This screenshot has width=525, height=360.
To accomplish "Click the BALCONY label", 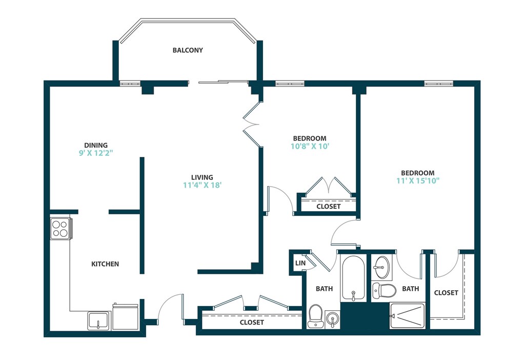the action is pyautogui.click(x=188, y=50).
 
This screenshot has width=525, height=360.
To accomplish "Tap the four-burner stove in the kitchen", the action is pyautogui.click(x=61, y=228).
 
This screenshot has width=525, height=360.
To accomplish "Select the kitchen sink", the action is pyautogui.click(x=99, y=321).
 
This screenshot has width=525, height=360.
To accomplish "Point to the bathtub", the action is pyautogui.click(x=353, y=278).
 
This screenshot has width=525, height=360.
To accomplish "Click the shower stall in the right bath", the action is pyautogui.click(x=408, y=316).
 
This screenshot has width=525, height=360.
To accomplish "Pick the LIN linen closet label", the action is pyautogui.click(x=300, y=263).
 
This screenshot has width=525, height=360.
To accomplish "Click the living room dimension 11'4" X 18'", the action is pyautogui.click(x=202, y=185).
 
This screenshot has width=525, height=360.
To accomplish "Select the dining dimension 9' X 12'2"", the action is pyautogui.click(x=96, y=153).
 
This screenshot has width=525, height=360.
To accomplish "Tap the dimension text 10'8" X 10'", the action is pyautogui.click(x=310, y=146).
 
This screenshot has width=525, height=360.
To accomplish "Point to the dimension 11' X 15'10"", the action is pyautogui.click(x=418, y=181).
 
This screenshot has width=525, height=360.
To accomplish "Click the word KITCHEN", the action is pyautogui.click(x=105, y=264).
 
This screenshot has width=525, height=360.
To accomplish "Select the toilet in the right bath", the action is pyautogui.click(x=384, y=291).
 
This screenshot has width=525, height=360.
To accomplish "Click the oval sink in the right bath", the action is pyautogui.click(x=381, y=268).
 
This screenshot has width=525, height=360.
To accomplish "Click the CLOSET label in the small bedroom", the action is pyautogui.click(x=329, y=206).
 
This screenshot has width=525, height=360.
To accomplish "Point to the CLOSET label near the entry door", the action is pyautogui.click(x=252, y=322).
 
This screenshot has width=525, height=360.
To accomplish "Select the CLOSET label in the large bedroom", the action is pyautogui.click(x=446, y=293).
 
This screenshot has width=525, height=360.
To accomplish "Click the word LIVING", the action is pyautogui.click(x=202, y=177).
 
